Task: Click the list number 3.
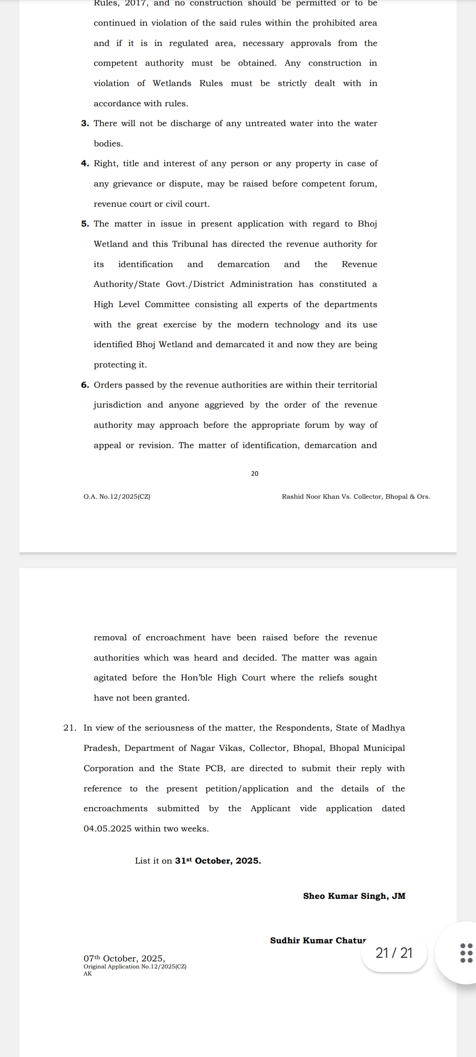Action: point(85,124)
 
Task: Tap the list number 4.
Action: point(85,164)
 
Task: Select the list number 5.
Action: point(85,224)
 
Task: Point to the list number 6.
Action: point(85,385)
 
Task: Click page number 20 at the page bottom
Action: point(255,474)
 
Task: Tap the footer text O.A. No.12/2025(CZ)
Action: point(117,497)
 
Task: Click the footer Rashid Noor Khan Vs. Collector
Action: point(356,497)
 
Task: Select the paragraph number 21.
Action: point(70,728)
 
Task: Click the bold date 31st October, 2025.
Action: point(218,861)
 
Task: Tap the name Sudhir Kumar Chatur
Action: point(318,941)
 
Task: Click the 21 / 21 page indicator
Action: point(394,953)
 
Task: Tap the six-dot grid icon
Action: point(466,953)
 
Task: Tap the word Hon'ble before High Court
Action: point(196,678)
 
